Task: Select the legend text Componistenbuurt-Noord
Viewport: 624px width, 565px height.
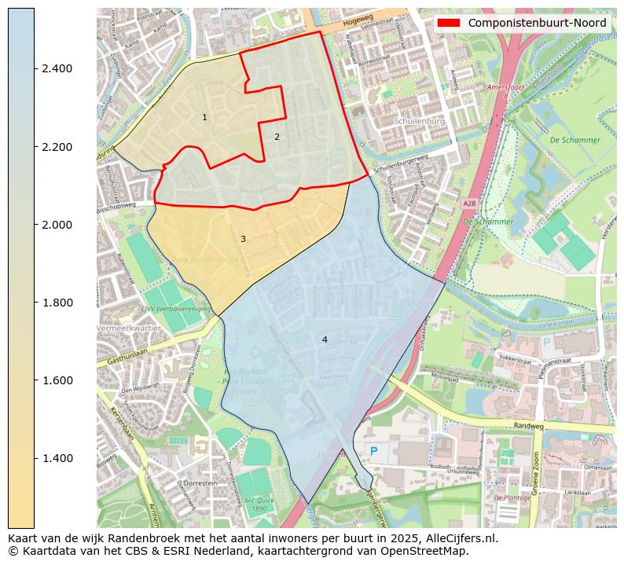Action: click(537, 23)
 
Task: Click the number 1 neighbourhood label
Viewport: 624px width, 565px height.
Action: click(204, 118)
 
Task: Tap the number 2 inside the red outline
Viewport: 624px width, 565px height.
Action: click(277, 137)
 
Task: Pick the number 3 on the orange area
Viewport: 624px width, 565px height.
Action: click(243, 239)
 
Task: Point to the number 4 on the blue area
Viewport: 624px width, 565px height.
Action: click(325, 339)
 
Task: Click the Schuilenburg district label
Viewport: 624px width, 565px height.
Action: click(419, 122)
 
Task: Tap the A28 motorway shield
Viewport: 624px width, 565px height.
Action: click(469, 204)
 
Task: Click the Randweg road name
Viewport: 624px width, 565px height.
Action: click(528, 427)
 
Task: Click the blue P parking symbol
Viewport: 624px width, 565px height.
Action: click(373, 451)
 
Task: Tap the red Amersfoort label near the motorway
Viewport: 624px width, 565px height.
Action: click(505, 87)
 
